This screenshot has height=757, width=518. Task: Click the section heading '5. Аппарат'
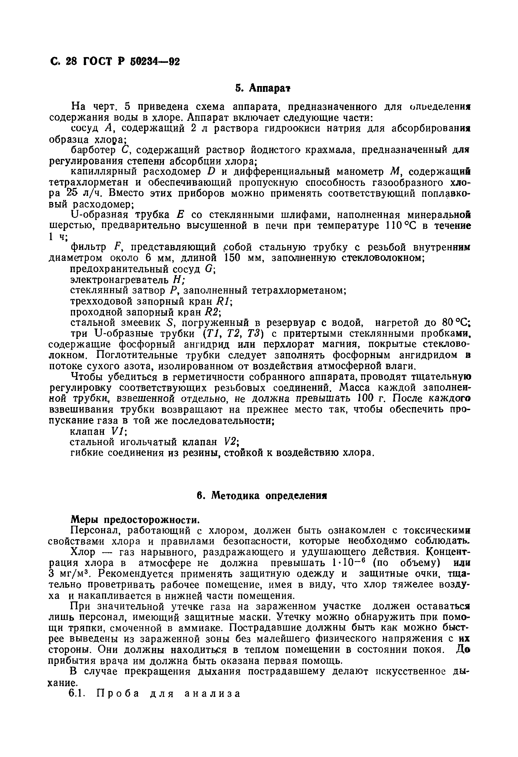pyautogui.click(x=263, y=88)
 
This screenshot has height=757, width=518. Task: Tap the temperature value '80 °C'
pyautogui.click(x=456, y=323)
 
